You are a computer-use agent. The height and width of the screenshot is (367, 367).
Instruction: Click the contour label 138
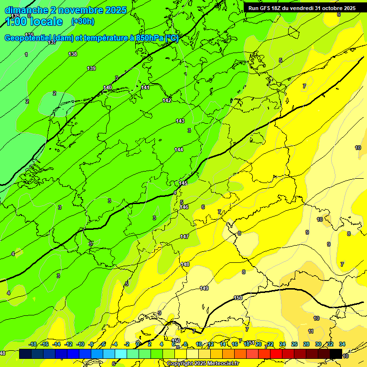coord(73,54)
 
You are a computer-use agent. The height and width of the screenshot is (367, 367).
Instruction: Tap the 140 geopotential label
coord(108,87)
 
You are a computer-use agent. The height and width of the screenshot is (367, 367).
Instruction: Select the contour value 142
coord(167,100)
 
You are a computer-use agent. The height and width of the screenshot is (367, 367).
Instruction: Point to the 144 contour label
coord(179,150)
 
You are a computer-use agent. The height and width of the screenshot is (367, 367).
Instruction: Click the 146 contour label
coord(184,207)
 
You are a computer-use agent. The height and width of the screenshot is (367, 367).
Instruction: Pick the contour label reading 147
coord(184,237)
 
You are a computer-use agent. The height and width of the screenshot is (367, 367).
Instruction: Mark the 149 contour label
coord(204,288)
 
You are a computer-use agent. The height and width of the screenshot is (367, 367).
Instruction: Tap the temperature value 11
coord(311,331)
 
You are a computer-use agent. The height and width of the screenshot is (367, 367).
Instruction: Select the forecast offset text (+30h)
coord(83,22)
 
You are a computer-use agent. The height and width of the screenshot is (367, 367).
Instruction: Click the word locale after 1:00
coord(45,22)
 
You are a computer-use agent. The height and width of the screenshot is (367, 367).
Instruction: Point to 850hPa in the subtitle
coord(150,38)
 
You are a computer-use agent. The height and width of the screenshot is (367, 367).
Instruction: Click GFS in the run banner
coord(266,8)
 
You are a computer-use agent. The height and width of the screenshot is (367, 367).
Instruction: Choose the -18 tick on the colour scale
coord(32,344)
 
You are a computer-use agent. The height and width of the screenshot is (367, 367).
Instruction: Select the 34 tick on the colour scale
coord(342,344)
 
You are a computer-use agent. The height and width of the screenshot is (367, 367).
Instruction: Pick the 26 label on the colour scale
coord(294,344)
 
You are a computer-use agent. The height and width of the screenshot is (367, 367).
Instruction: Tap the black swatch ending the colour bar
coord(336,354)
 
